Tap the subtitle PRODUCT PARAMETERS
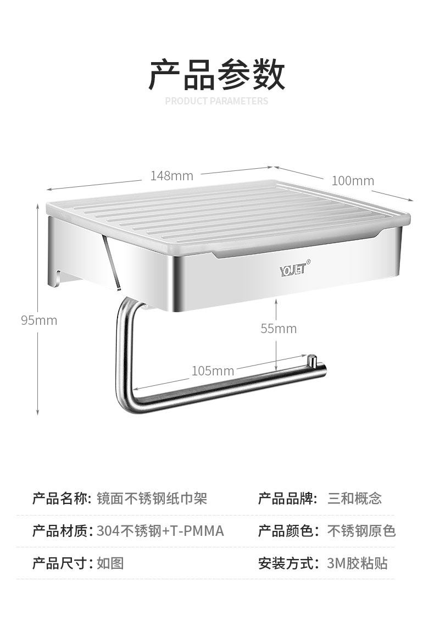216,101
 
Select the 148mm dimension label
172,176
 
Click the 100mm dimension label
353,181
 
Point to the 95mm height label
39,320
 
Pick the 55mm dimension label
279,329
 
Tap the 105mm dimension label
213,371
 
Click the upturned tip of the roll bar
312,361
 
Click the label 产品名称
60,499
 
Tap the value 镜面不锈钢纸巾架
152,499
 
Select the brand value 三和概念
354,499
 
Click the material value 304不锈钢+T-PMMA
160,531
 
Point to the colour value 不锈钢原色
361,531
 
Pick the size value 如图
110,563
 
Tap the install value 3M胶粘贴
357,563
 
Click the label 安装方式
287,563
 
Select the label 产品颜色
287,531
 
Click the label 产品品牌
287,499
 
